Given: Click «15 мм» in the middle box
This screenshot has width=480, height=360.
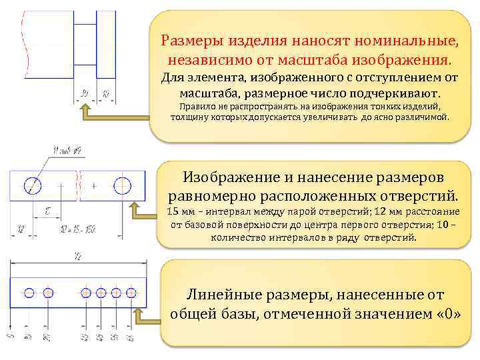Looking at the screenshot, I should [x=181, y=213].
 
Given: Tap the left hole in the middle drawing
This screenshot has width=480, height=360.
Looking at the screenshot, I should [x=32, y=185].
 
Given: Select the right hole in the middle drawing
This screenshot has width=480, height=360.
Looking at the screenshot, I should [x=123, y=185].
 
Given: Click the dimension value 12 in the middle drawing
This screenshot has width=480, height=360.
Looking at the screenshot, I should [x=20, y=229].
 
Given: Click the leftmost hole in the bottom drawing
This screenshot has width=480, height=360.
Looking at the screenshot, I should [x=29, y=292].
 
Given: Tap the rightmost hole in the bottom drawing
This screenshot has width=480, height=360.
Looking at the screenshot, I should [x=130, y=292].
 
